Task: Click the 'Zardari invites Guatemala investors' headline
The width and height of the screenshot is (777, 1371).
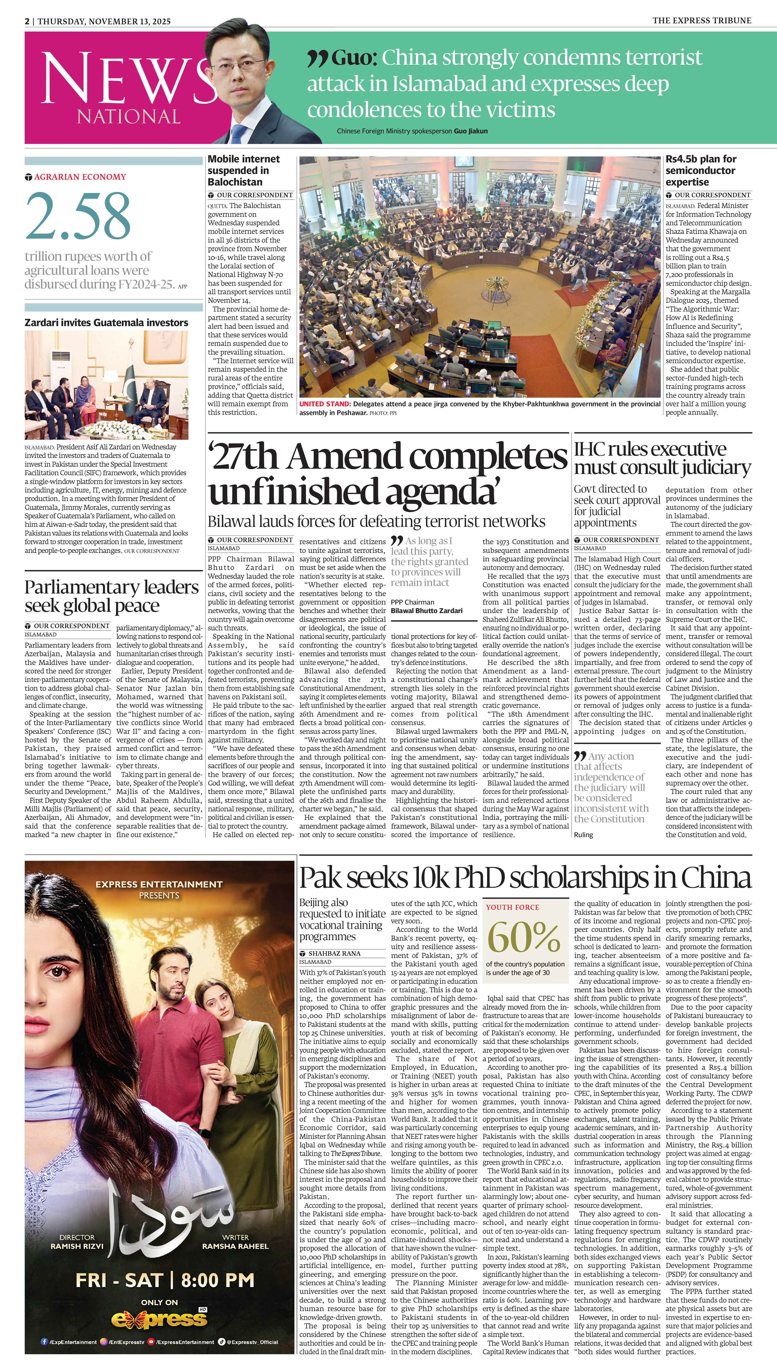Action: click(106, 323)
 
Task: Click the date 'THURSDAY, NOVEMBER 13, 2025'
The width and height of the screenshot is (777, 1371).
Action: click(104, 21)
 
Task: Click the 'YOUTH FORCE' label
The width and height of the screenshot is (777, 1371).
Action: click(512, 907)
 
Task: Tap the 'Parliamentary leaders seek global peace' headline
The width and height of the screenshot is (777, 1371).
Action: click(112, 596)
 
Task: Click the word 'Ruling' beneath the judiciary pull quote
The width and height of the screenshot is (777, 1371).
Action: click(583, 835)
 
